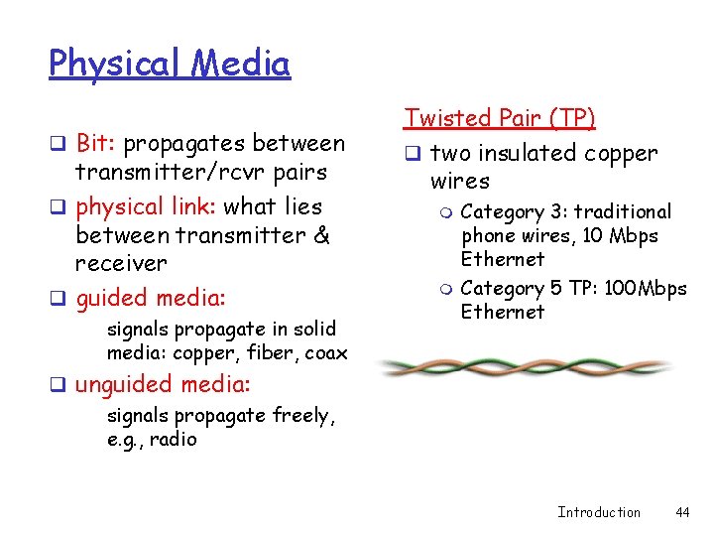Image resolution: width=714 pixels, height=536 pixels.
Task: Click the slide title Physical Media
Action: pyautogui.click(x=170, y=65)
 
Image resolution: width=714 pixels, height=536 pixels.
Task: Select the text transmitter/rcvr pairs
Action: pyautogui.click(x=200, y=172)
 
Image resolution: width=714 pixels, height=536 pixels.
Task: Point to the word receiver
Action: pyautogui.click(x=121, y=263)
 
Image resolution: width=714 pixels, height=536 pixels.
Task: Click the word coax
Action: pyautogui.click(x=326, y=352)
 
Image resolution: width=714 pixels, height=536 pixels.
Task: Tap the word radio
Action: pyautogui.click(x=174, y=440)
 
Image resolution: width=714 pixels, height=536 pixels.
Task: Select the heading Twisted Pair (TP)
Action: pyautogui.click(x=499, y=119)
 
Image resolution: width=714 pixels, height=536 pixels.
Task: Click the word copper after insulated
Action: pyautogui.click(x=620, y=154)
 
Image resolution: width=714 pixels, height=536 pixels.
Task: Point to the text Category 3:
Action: pyautogui.click(x=515, y=211)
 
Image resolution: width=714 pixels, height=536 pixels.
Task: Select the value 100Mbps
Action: pyautogui.click(x=647, y=289)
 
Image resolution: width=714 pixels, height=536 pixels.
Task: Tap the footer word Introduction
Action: pyautogui.click(x=598, y=512)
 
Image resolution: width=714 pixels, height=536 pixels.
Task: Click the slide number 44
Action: pyautogui.click(x=681, y=512)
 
